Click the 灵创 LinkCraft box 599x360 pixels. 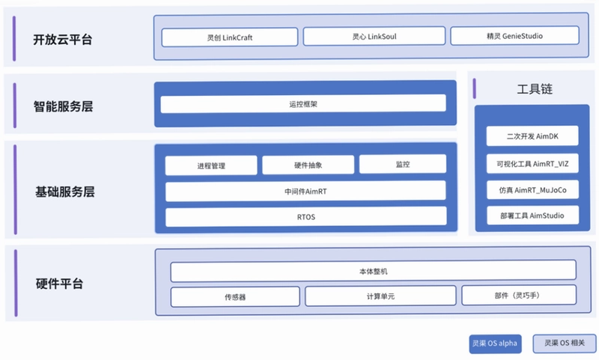pos(230,37)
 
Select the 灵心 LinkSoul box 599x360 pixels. pos(374,36)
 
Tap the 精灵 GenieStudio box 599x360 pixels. pos(514,35)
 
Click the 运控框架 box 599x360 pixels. pos(303,104)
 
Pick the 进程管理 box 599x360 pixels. pos(211,165)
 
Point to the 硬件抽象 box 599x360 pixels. pos(308,165)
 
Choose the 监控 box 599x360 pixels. pos(403,164)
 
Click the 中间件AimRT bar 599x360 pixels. pos(305,192)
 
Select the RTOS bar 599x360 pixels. pos(306,217)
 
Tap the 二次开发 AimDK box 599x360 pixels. pos(532,136)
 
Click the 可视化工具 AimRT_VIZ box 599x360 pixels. pos(532,163)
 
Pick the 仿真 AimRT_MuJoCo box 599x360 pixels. pos(532,190)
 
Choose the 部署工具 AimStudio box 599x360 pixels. pos(532,216)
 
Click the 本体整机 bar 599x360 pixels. pos(373,271)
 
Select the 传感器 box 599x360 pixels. pos(235,296)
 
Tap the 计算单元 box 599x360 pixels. pos(380,296)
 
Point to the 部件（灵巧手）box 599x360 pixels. pos(519,295)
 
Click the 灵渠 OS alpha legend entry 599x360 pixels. pos(495,344)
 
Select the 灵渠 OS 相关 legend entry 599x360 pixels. pos(565,344)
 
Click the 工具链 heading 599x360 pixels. pos(535,89)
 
